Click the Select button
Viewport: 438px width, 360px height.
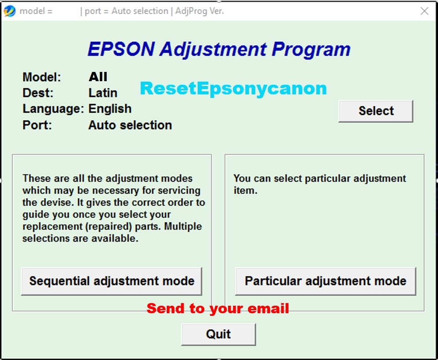376,111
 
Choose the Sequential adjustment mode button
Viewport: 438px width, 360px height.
112,281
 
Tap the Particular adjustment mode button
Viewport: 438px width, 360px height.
326,281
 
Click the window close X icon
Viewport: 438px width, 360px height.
424,11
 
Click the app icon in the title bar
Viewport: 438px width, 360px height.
10,11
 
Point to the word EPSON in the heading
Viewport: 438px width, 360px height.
121,49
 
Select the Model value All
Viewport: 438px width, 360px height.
98,77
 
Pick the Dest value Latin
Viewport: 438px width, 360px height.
103,93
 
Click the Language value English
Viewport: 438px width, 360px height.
110,109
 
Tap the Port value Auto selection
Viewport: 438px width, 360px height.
130,125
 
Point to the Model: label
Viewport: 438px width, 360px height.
41,77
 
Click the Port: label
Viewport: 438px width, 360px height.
37,125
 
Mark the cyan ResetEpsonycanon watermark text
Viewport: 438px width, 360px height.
233,89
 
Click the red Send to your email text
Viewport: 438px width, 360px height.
217,309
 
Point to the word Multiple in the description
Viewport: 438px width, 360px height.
183,226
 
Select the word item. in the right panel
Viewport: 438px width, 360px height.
245,191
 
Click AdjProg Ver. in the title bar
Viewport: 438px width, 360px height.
199,11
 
